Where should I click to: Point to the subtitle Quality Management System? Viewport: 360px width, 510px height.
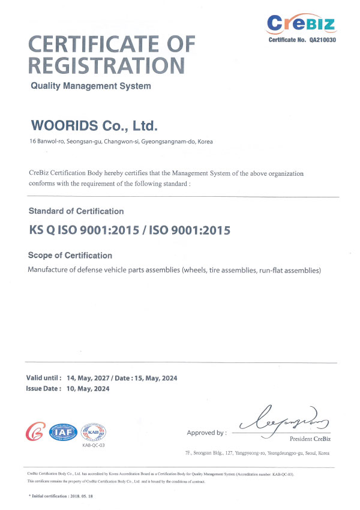[x=91, y=86]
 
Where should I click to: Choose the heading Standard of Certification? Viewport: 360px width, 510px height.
[x=76, y=211]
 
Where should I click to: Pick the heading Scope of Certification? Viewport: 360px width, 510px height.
[x=70, y=256]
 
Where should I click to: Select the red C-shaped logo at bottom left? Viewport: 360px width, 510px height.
[x=35, y=431]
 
